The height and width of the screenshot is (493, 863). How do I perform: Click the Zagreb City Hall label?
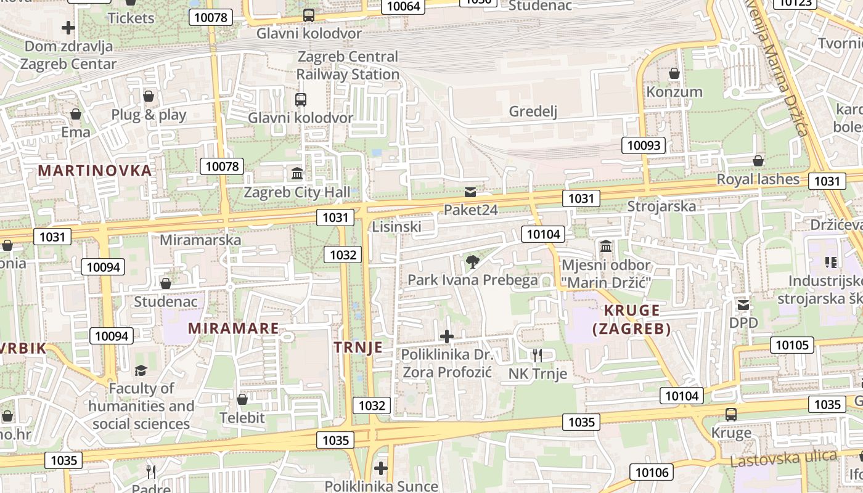tap(297, 192)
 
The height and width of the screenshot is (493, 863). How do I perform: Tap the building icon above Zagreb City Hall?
tap(297, 173)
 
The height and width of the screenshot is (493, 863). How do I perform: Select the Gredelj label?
tap(533, 112)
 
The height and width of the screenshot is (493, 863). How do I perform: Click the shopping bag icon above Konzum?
tap(674, 73)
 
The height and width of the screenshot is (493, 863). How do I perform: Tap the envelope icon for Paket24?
tap(470, 192)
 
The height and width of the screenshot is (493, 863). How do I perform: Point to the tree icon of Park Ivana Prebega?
tap(472, 262)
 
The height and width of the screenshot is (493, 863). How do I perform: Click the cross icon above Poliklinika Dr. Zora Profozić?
tap(447, 336)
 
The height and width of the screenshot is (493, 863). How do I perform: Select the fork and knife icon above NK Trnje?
tap(538, 354)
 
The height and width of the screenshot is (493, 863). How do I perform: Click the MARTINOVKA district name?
tap(95, 171)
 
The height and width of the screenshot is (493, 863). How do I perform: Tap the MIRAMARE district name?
tap(234, 328)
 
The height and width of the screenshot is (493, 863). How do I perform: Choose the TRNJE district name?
tap(358, 348)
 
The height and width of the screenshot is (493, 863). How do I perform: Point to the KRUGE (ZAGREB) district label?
tap(632, 319)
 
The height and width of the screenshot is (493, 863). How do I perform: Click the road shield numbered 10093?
tap(644, 145)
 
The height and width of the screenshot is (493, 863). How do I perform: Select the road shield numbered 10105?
tap(791, 344)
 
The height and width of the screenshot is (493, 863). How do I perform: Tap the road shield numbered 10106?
tap(652, 472)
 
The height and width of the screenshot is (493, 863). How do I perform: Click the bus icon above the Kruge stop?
tap(731, 414)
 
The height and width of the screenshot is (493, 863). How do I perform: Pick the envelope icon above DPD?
tap(743, 304)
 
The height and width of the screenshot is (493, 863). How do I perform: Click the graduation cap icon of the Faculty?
tap(141, 370)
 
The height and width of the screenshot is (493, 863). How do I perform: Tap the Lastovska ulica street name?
tap(783, 458)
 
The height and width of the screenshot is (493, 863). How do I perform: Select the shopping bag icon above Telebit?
tap(242, 399)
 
